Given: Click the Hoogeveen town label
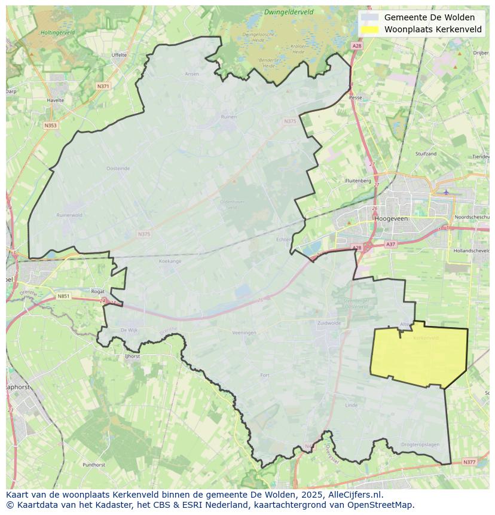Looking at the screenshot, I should pos(390,219).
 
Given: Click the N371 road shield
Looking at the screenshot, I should pos(103,86).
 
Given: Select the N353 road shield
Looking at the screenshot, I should pos(50,125).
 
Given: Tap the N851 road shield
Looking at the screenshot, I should pos(63,296).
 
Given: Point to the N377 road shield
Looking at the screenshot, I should pos(469,462).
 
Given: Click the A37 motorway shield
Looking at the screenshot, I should pos(390,244).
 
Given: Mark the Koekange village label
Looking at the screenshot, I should pos(170,261).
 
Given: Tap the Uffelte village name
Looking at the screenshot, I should pos(119,54).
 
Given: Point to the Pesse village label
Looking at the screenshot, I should pos(356,97).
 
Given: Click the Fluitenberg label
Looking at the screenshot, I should pos(358,180).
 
